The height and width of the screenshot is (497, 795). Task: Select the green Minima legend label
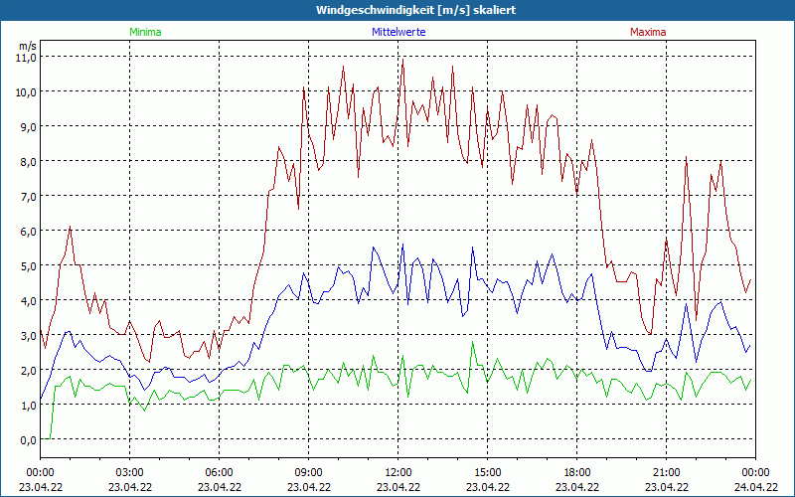[x=144, y=32]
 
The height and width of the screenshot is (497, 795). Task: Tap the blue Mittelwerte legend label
[x=398, y=32]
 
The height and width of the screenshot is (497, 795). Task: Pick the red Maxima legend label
[x=648, y=32]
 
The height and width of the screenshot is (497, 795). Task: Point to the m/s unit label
[x=28, y=46]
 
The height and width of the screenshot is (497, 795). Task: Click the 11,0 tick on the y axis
[x=26, y=57]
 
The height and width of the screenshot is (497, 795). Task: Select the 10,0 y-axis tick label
[x=26, y=91]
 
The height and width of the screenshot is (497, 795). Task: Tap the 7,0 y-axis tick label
[x=26, y=196]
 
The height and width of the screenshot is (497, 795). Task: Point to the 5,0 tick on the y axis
[x=26, y=265]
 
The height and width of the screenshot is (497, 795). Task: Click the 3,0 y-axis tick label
[x=26, y=335]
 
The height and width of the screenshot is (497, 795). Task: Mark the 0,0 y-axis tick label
[x=26, y=439]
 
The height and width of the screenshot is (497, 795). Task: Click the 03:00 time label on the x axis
[x=130, y=472]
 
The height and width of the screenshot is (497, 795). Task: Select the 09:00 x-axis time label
[x=309, y=472]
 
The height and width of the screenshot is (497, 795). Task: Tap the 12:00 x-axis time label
[x=398, y=472]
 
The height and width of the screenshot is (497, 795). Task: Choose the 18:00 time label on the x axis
[x=577, y=472]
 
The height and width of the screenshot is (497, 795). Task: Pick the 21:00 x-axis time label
[x=667, y=472]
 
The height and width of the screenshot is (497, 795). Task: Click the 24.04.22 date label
[x=755, y=487]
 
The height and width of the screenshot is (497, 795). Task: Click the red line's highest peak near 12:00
[x=403, y=59]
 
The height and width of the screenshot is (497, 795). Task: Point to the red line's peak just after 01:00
[x=71, y=227]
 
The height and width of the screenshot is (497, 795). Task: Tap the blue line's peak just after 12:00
[x=403, y=245]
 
